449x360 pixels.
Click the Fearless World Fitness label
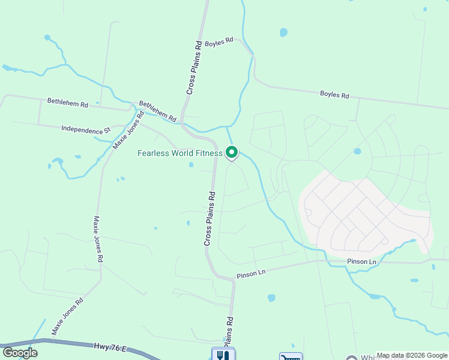point(180,153)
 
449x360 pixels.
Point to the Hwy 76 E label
point(110,346)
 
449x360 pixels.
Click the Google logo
point(20,352)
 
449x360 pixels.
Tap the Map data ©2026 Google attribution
point(412,356)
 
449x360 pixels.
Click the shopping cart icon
point(291,356)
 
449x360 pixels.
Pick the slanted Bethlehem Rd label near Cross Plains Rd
point(158,112)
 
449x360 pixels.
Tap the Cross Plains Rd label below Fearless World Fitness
point(209,218)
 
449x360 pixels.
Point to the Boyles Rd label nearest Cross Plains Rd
point(218,42)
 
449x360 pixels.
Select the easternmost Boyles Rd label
point(334,95)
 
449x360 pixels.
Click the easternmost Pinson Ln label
point(361,262)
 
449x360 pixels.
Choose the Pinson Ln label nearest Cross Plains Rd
point(250,272)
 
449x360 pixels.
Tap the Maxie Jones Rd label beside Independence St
point(128,130)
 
